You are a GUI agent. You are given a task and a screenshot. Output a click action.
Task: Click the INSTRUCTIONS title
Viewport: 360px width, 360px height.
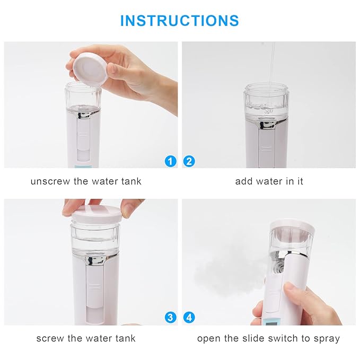click(x=179, y=20)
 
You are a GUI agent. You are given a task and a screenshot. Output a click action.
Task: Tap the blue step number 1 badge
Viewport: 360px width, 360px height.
click(x=170, y=161)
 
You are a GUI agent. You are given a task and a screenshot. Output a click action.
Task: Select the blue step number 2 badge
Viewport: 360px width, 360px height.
click(x=189, y=161)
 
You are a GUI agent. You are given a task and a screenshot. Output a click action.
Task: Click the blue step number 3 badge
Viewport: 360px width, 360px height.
click(x=170, y=318)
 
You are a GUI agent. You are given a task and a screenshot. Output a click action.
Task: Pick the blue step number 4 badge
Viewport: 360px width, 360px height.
click(x=189, y=318)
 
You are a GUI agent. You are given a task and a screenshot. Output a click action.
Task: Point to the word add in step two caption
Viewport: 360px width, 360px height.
click(x=244, y=181)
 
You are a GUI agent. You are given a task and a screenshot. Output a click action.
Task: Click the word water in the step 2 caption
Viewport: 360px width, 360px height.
click(x=270, y=181)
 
